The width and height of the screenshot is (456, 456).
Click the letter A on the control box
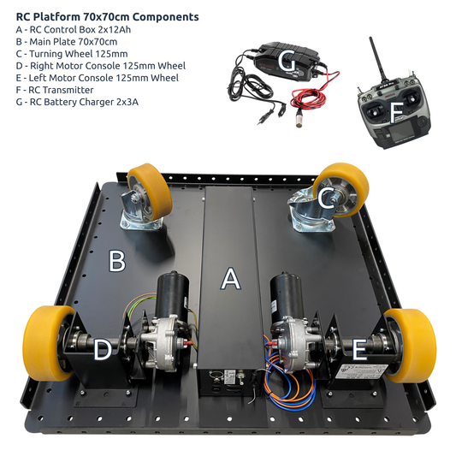tap(229, 279)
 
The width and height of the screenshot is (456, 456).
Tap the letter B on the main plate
tap(117, 260)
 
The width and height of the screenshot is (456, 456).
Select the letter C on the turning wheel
tap(326, 198)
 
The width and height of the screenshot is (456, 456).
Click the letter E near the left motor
tap(358, 349)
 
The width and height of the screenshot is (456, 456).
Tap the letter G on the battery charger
tap(287, 62)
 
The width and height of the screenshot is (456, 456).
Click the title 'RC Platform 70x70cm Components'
tap(107, 16)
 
